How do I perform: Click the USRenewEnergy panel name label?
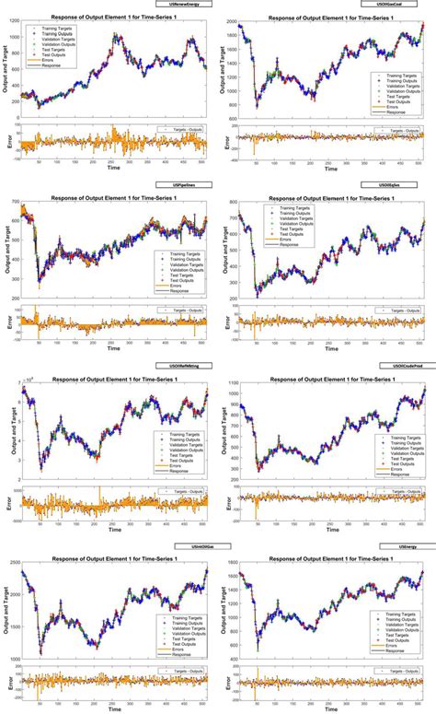[x=185, y=6]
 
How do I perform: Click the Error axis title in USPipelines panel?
[x=7, y=322]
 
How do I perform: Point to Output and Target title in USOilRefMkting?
[x=7, y=432]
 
